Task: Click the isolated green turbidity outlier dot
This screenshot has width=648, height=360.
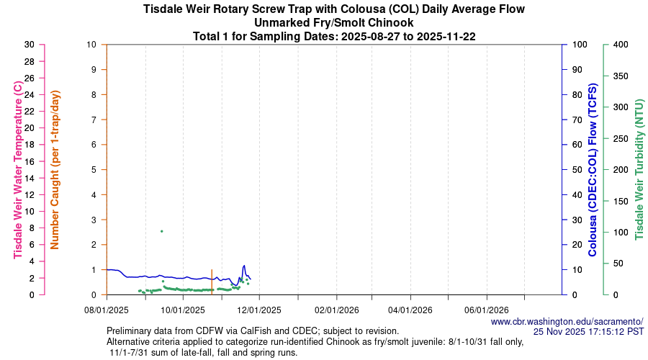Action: (161, 231)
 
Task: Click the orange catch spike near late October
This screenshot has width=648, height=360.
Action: (212, 282)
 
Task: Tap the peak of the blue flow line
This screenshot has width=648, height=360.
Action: (244, 266)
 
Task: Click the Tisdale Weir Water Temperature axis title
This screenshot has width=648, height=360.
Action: (18, 169)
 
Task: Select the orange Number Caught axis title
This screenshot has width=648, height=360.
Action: (55, 169)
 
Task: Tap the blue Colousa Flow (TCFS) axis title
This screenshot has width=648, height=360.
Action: (593, 169)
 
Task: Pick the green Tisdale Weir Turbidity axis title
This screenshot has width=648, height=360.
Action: (639, 169)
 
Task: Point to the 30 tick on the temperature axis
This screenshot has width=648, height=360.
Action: (30, 45)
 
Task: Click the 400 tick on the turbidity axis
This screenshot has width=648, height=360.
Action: (621, 45)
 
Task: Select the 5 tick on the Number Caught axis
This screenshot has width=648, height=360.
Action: (93, 170)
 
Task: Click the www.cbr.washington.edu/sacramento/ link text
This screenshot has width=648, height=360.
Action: (567, 321)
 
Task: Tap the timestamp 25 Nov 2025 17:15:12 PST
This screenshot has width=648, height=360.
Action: (588, 332)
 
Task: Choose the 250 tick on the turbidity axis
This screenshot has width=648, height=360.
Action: (621, 138)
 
